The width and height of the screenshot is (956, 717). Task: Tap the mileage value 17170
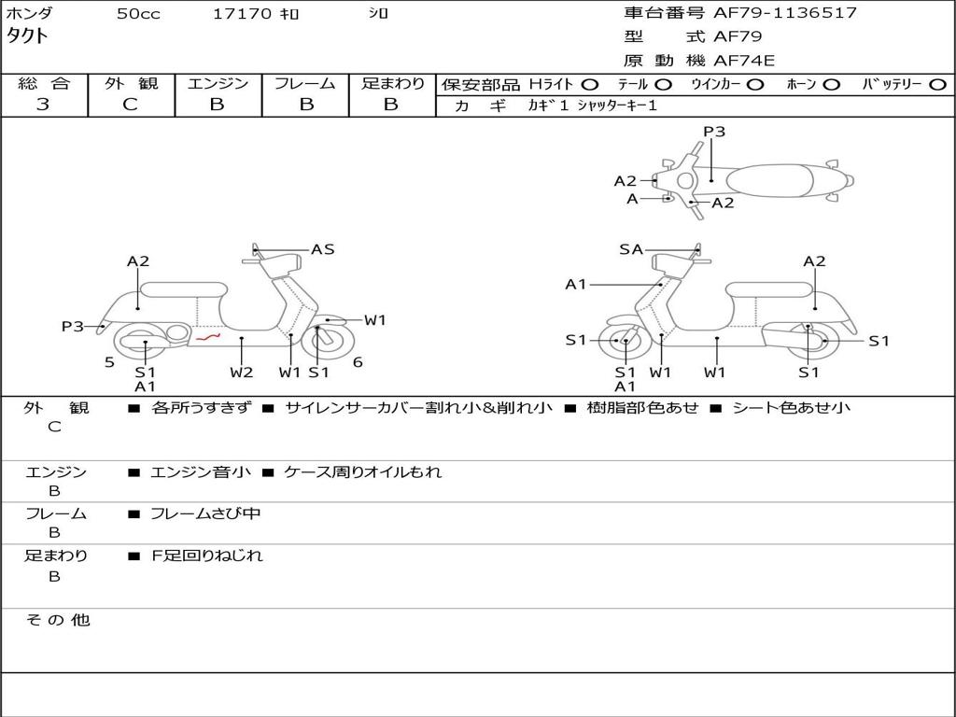tap(243, 14)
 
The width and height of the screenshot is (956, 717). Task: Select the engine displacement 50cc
tap(138, 14)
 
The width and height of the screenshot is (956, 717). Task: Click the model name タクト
tap(28, 36)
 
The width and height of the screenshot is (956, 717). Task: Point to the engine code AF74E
tap(744, 61)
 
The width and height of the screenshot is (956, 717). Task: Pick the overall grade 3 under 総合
tap(43, 105)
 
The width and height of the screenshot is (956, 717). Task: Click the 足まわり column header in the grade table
tap(392, 84)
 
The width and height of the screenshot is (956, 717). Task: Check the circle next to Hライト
tap(590, 85)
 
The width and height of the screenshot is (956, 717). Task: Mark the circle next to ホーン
tap(831, 85)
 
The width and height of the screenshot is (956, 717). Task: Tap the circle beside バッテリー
tap(938, 85)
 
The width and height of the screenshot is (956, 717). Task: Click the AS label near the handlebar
tap(322, 249)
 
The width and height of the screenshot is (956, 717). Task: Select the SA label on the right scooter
tap(631, 249)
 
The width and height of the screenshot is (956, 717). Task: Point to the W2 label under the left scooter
tap(242, 373)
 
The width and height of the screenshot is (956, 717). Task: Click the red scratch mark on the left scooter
tap(207, 337)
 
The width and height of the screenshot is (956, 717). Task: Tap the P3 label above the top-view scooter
tap(714, 132)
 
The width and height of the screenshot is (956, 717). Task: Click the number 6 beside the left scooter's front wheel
tap(358, 362)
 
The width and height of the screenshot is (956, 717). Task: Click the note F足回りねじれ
tap(207, 555)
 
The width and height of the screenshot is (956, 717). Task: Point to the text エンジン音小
tap(200, 472)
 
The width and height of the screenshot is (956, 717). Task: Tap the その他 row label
tap(58, 620)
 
